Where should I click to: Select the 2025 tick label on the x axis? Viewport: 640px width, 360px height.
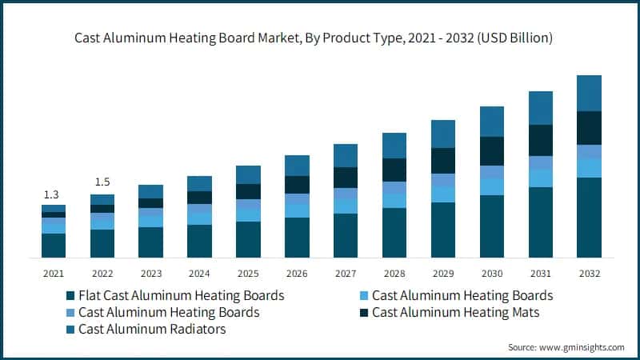point(248,273)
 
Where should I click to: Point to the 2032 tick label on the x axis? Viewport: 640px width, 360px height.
point(589,273)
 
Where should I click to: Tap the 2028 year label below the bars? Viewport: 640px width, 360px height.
point(394,273)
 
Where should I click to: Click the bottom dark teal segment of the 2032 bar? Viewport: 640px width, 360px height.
point(589,217)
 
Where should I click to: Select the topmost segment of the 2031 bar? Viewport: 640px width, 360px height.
point(540,108)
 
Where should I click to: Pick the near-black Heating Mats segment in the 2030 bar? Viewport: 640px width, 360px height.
point(491,151)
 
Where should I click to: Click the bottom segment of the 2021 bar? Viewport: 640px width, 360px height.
point(54,246)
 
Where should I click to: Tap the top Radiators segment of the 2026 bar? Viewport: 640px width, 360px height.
point(297,166)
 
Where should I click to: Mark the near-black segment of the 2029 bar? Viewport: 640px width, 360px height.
point(443,161)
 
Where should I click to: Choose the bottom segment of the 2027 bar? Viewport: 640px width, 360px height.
point(346,235)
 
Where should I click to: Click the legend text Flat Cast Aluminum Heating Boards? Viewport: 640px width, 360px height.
point(181,295)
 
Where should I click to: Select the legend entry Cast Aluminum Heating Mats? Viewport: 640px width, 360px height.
point(455,312)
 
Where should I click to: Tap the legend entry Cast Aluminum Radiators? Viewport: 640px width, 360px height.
point(152,329)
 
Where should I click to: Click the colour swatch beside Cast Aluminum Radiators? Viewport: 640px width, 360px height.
point(70,330)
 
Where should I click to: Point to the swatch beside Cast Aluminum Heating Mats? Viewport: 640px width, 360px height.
point(364,313)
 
